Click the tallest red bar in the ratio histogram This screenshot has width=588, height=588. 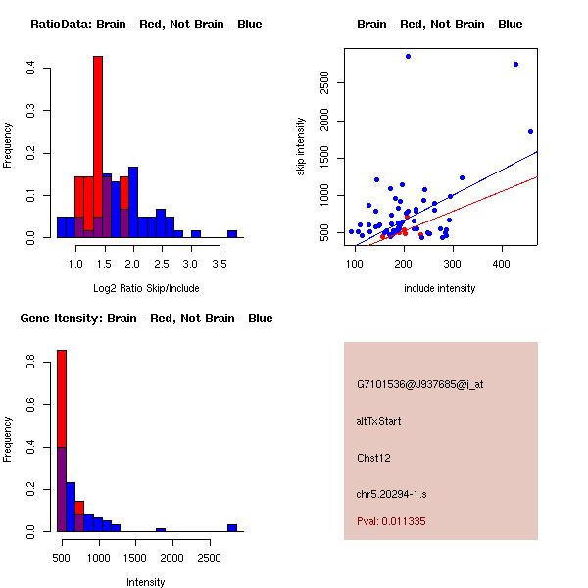98,147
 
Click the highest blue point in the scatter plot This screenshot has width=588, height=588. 408,56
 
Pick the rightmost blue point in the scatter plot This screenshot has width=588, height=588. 530,131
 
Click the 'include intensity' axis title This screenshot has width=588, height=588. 440,289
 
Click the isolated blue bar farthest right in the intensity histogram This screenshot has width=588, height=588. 232,527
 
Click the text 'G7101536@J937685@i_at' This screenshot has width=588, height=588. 419,384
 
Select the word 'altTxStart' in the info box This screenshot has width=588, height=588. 379,421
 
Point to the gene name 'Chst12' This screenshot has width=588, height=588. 374,458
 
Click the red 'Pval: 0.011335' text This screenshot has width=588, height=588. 391,522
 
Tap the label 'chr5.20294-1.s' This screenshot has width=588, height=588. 391,493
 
